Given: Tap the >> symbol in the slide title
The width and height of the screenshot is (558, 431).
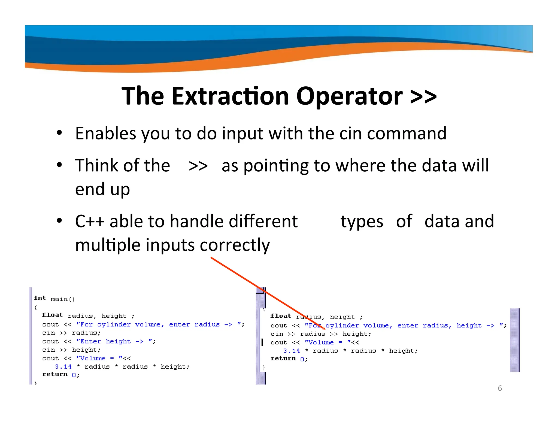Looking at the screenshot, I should click(423, 96).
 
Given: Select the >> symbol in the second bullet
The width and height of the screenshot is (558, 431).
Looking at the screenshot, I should click(198, 166).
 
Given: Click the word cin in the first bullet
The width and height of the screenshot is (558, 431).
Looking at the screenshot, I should click(350, 133).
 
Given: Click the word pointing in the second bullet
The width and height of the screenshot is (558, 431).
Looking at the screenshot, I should click(276, 166).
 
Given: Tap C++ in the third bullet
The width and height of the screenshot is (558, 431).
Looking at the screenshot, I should click(90, 221).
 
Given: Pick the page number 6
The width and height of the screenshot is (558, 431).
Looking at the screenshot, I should click(500, 388).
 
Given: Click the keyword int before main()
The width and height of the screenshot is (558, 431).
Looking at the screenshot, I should click(40, 298).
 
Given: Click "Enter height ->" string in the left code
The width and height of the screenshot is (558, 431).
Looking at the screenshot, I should click(110, 341).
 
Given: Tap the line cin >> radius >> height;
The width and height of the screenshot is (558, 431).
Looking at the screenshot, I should click(321, 334).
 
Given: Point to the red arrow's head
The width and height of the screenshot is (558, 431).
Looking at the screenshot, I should click(323, 328).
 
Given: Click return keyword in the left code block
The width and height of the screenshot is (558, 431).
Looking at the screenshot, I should click(55, 374).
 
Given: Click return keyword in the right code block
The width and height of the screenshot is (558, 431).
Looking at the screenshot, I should click(283, 359).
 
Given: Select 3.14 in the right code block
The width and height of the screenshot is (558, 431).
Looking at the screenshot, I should click(291, 351).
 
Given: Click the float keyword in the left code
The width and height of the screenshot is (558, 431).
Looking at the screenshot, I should click(52, 315).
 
